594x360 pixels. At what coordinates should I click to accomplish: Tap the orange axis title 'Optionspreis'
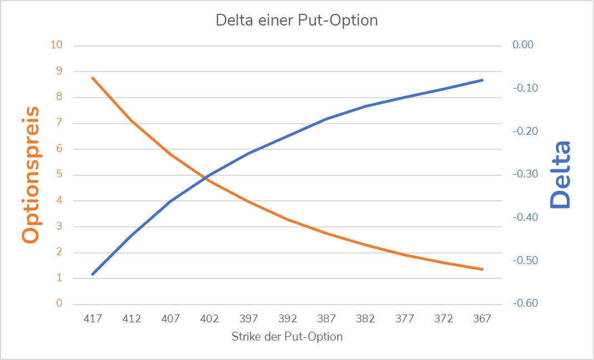(31, 174)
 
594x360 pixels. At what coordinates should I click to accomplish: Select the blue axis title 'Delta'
(560, 174)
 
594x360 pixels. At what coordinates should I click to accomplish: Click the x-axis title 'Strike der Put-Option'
(287, 337)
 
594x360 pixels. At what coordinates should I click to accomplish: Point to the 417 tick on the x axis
(93, 319)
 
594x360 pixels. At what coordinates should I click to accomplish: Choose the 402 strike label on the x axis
(209, 319)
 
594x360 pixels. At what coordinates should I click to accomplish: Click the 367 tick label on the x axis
(482, 319)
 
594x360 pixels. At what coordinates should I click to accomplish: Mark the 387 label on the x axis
(326, 319)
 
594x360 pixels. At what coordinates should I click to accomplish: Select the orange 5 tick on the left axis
(59, 175)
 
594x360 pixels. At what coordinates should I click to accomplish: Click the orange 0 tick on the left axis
(59, 304)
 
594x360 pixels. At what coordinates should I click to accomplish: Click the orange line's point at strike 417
(93, 78)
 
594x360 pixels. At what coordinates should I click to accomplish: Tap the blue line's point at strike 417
(93, 274)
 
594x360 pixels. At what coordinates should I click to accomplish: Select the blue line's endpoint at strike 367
(482, 80)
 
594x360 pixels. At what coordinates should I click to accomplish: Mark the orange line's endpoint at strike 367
(482, 270)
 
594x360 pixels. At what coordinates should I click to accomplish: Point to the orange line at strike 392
(288, 220)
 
